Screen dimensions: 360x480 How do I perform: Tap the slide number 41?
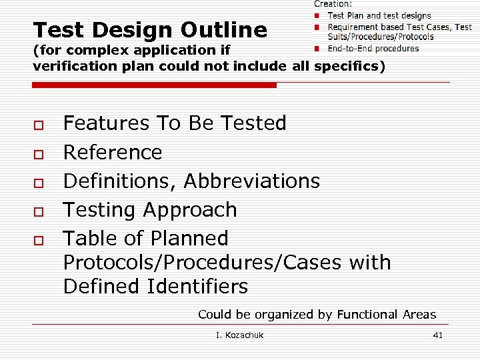pyautogui.click(x=437, y=335)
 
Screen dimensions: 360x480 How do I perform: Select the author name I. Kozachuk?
pyautogui.click(x=239, y=335)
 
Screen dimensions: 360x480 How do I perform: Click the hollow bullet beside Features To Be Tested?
pyautogui.click(x=39, y=125)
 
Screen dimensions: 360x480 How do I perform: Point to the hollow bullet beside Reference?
pyautogui.click(x=39, y=153)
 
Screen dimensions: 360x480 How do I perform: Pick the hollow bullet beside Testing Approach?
pyautogui.click(x=39, y=211)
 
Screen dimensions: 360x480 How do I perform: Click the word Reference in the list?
pyautogui.click(x=112, y=153)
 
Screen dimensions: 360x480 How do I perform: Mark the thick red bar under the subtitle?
pyautogui.click(x=154, y=85)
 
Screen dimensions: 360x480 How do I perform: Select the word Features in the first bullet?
pyautogui.click(x=106, y=123)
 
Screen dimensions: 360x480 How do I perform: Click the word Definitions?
pyautogui.click(x=120, y=181)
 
